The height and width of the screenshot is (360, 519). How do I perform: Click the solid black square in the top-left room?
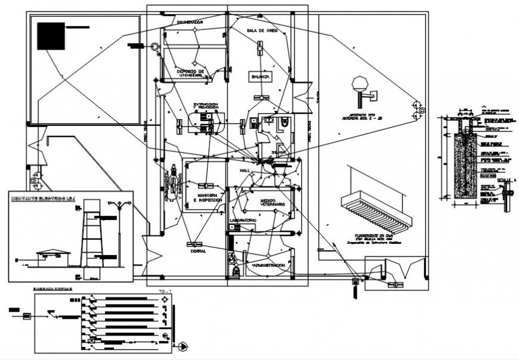51,36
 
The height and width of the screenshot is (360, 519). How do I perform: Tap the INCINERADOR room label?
190,22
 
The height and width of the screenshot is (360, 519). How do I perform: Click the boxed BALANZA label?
261,77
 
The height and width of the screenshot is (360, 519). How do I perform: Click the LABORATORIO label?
243,221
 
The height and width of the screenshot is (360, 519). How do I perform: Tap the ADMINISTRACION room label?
272,265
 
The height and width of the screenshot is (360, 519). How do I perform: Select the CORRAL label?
199,251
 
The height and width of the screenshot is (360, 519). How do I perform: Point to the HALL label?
243,170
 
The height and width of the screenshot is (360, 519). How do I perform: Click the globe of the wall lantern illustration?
360,82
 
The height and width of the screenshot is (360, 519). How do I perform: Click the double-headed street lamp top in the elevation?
122,204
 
